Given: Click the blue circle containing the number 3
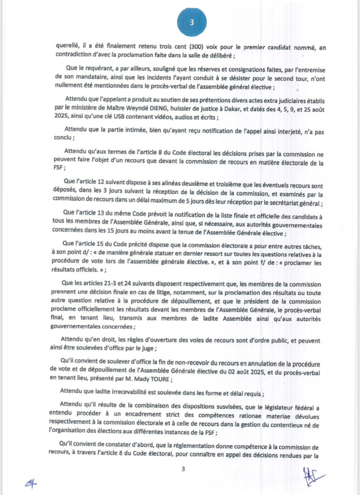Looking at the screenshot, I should click(192, 22).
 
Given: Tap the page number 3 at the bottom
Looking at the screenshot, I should click(183, 469).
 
